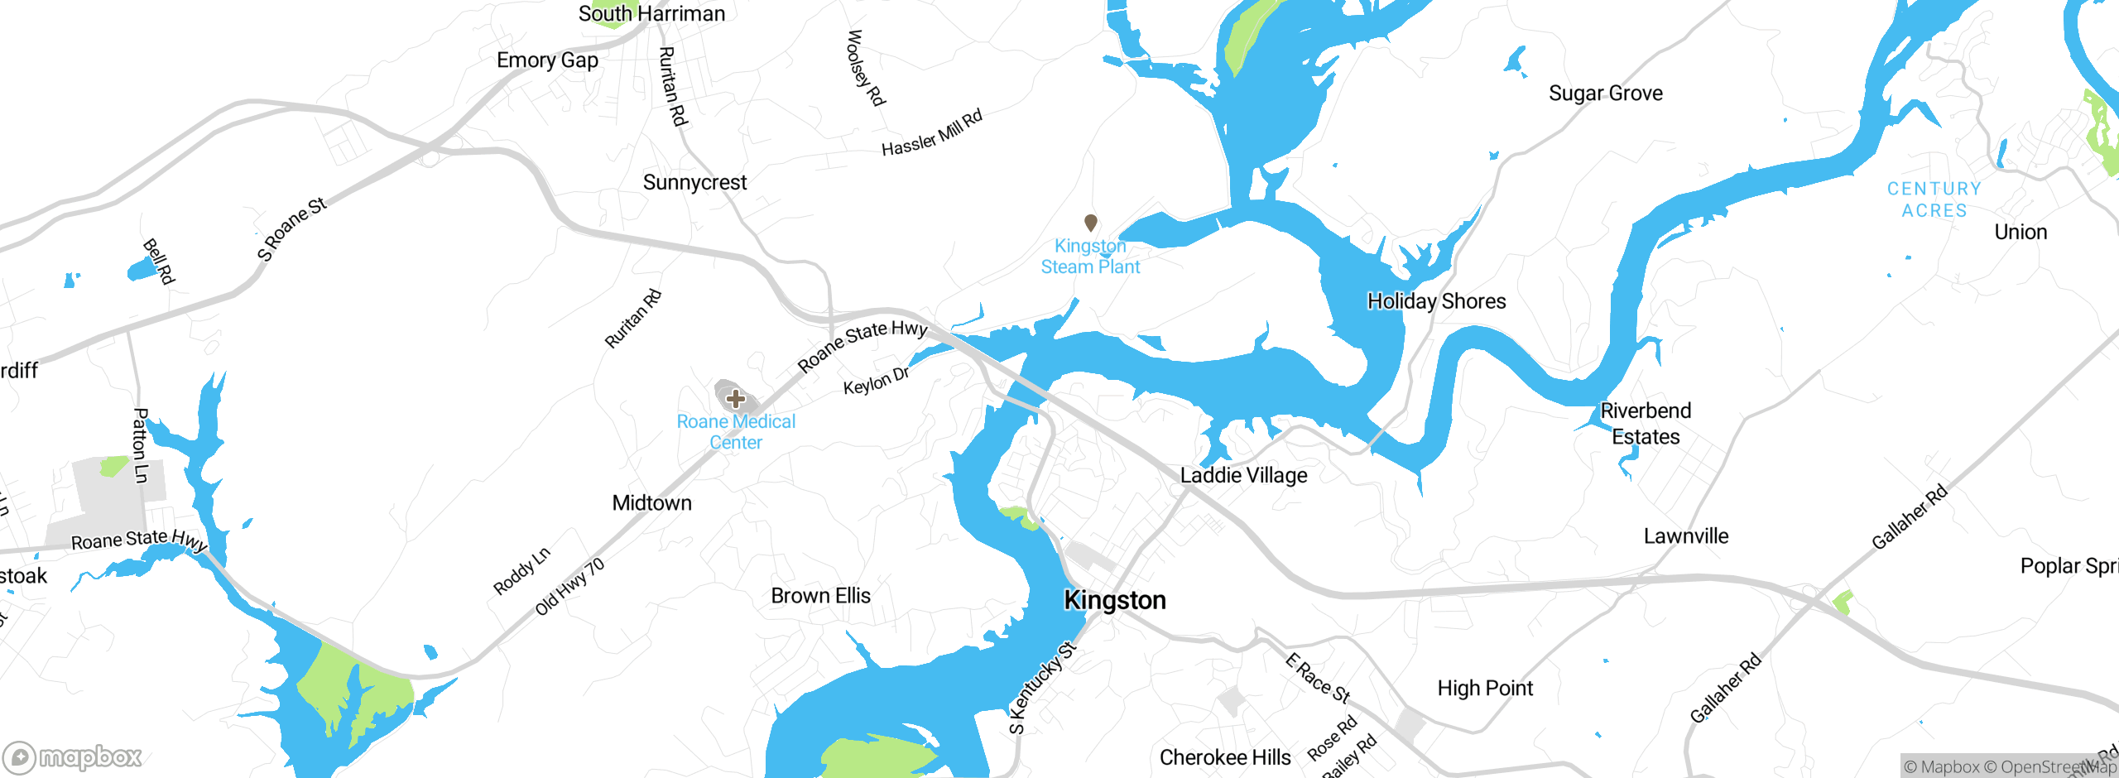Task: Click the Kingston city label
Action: pos(1114,600)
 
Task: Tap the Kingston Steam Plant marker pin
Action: pos(1091,223)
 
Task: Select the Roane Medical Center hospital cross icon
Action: pos(736,400)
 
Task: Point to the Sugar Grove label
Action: pos(1605,94)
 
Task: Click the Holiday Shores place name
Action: pos(1436,301)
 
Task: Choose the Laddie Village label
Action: pos(1243,476)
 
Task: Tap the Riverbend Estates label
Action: pos(1646,424)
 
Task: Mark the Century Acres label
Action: pos(1934,200)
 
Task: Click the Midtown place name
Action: pos(651,503)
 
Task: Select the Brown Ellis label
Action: pos(820,596)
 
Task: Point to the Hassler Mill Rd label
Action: pos(932,133)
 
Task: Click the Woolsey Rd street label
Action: pos(866,68)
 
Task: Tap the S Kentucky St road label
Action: pos(1042,688)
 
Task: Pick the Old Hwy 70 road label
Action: pos(569,587)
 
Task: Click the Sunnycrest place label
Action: pos(694,183)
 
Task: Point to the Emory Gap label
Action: pos(547,60)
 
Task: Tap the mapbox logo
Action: pos(73,756)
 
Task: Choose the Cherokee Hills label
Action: pos(1225,757)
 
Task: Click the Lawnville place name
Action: pos(1685,536)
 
